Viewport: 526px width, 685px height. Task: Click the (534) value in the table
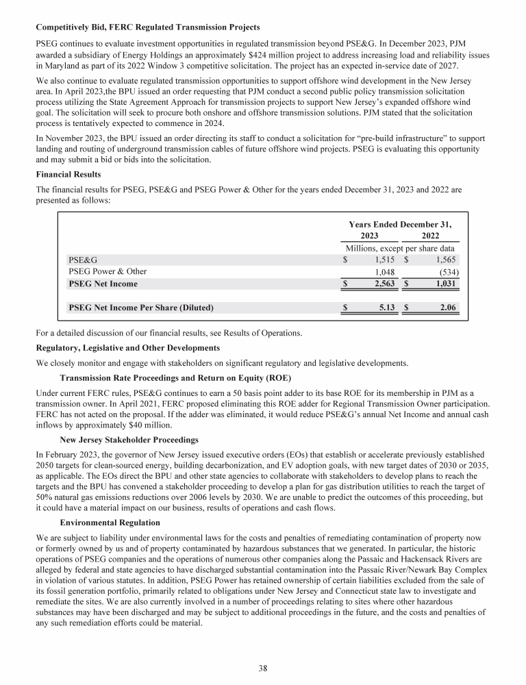(448, 272)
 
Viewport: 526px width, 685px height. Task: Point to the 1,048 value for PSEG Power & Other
(385, 272)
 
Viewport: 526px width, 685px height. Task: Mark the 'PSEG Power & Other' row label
(108, 272)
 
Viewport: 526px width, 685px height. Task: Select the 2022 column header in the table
(431, 235)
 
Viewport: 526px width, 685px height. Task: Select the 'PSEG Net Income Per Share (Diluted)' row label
(140, 308)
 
